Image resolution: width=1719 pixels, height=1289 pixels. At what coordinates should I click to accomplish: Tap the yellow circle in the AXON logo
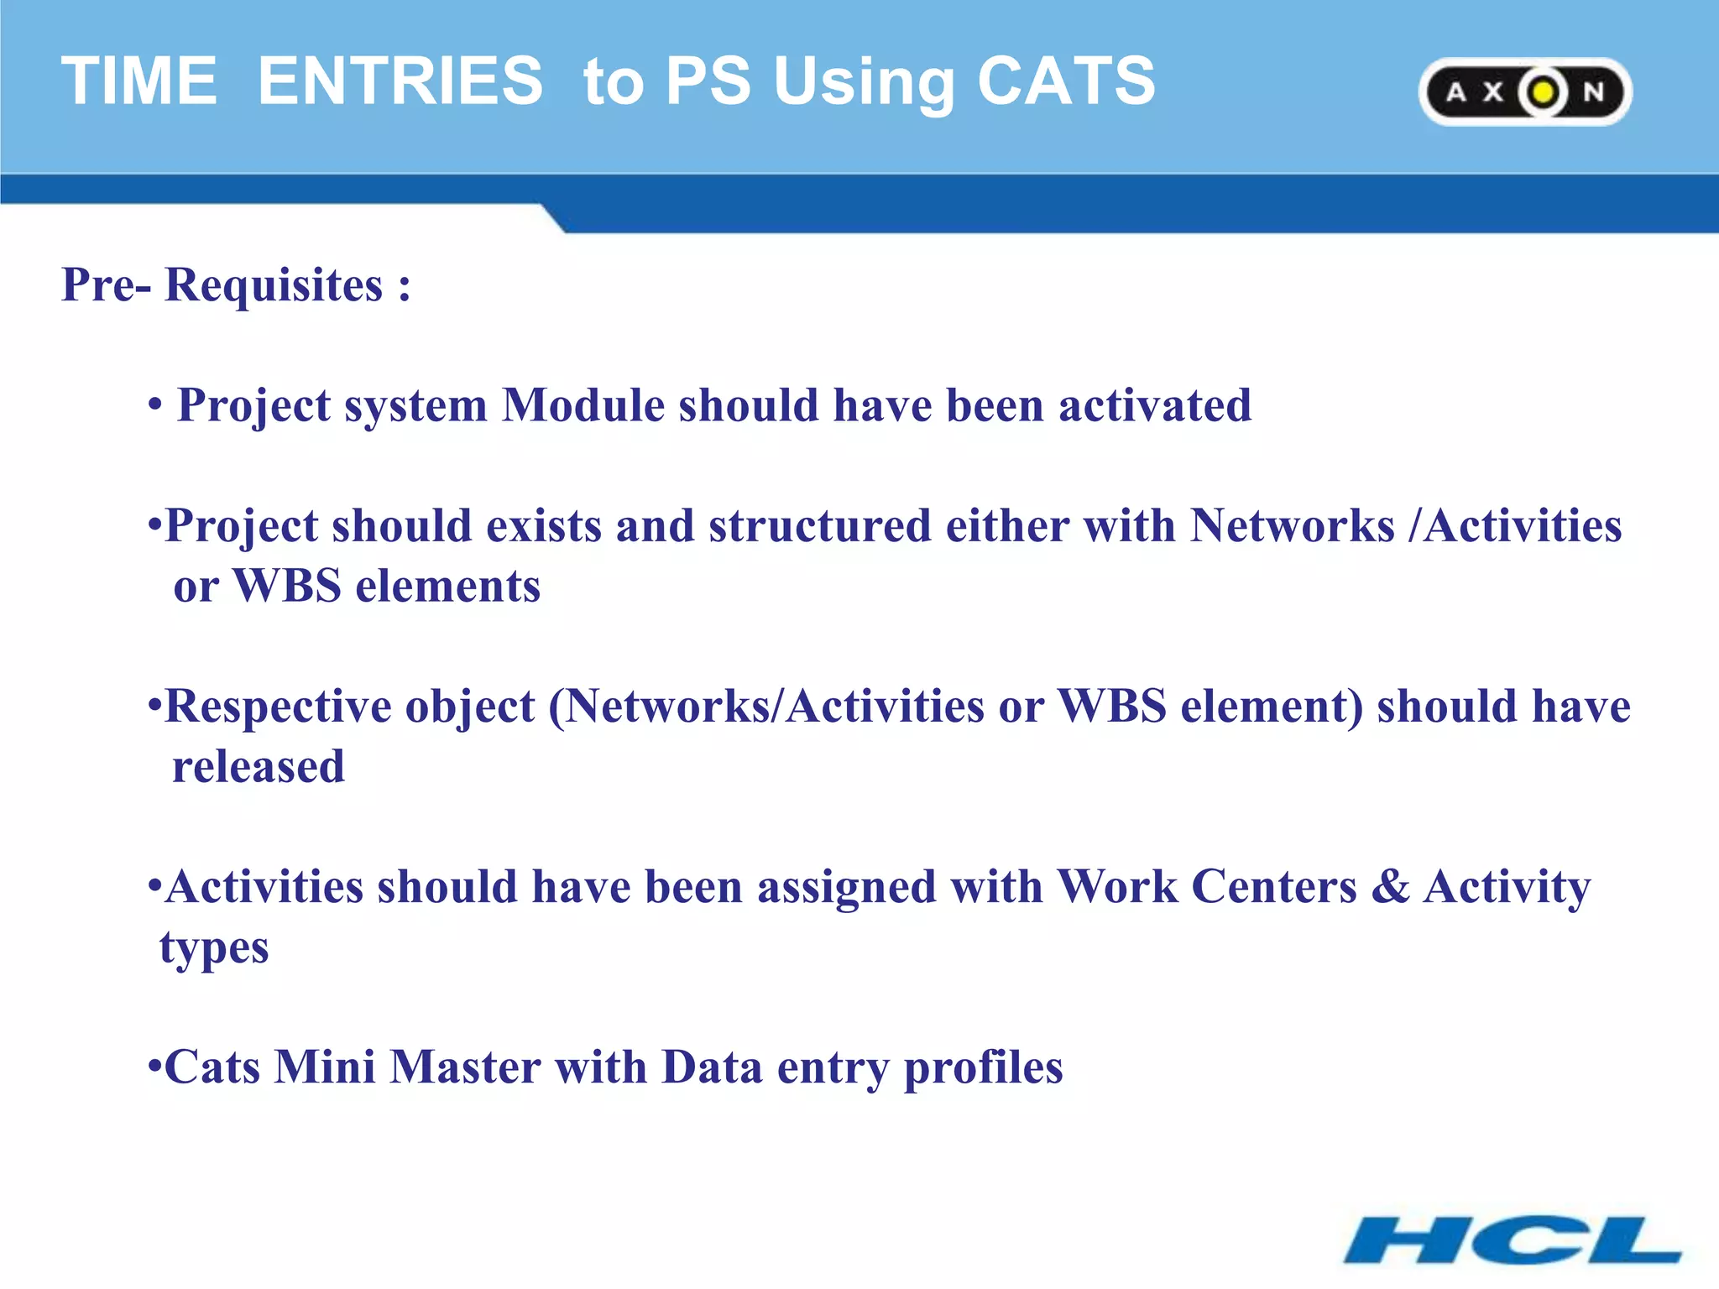(x=1543, y=92)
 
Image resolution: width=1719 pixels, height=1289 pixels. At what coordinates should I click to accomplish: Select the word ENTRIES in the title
(x=400, y=81)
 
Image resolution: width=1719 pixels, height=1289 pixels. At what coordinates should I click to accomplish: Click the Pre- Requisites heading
(x=236, y=284)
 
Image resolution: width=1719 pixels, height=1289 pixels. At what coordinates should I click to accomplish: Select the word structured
(x=819, y=527)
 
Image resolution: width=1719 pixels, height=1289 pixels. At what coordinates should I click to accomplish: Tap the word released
(x=259, y=767)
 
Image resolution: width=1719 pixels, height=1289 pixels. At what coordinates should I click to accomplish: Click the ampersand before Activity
(x=1390, y=887)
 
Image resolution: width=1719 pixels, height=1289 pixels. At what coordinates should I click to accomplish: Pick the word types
(x=214, y=949)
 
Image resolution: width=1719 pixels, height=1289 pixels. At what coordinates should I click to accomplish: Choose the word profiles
(x=983, y=1068)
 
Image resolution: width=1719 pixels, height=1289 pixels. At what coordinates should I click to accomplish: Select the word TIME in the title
(x=139, y=81)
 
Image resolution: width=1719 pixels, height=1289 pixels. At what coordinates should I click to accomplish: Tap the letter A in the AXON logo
(x=1456, y=92)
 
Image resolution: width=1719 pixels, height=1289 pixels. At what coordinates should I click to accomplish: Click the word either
(x=1007, y=527)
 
